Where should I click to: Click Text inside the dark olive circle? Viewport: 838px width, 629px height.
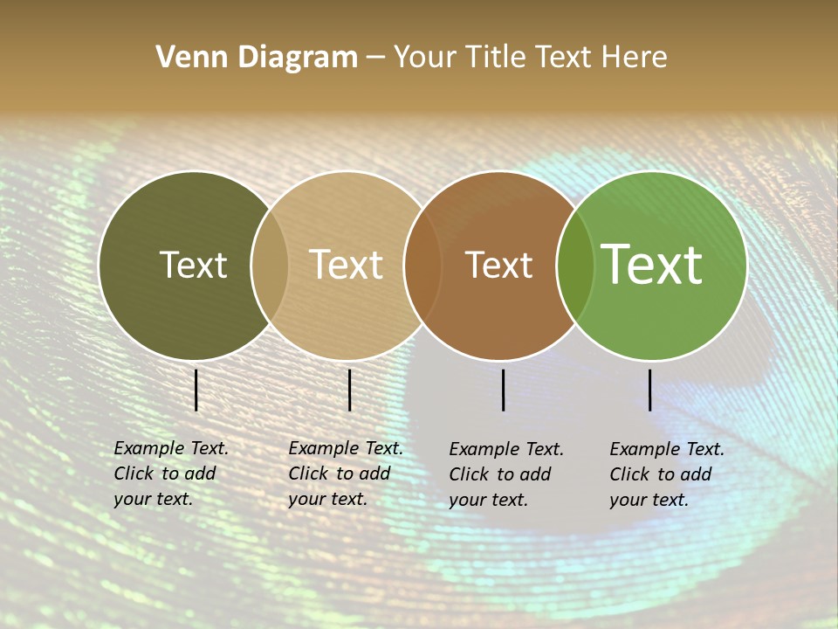pos(193,265)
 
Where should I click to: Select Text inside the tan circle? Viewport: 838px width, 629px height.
pos(347,265)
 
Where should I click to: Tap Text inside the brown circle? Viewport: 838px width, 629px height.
pos(498,265)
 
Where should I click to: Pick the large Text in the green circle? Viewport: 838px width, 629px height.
pos(652,264)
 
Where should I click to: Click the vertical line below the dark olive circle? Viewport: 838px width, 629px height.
pos(196,390)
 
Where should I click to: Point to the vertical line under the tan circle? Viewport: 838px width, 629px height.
pos(349,390)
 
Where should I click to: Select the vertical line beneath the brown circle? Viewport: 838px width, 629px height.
pos(504,390)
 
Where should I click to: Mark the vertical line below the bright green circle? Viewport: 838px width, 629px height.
pos(650,390)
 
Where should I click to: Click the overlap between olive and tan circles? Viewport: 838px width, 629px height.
pos(270,265)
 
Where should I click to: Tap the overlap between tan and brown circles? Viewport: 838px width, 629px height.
pos(422,265)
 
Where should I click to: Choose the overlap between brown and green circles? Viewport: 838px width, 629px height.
pos(574,265)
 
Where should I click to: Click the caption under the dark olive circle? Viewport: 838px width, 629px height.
pos(171,473)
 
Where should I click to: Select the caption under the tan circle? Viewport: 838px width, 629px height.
pos(346,473)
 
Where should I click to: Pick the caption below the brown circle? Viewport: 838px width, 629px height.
pos(506,474)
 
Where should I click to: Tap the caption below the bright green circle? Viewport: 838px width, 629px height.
pos(667,474)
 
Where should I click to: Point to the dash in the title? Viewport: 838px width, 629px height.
pos(375,59)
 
